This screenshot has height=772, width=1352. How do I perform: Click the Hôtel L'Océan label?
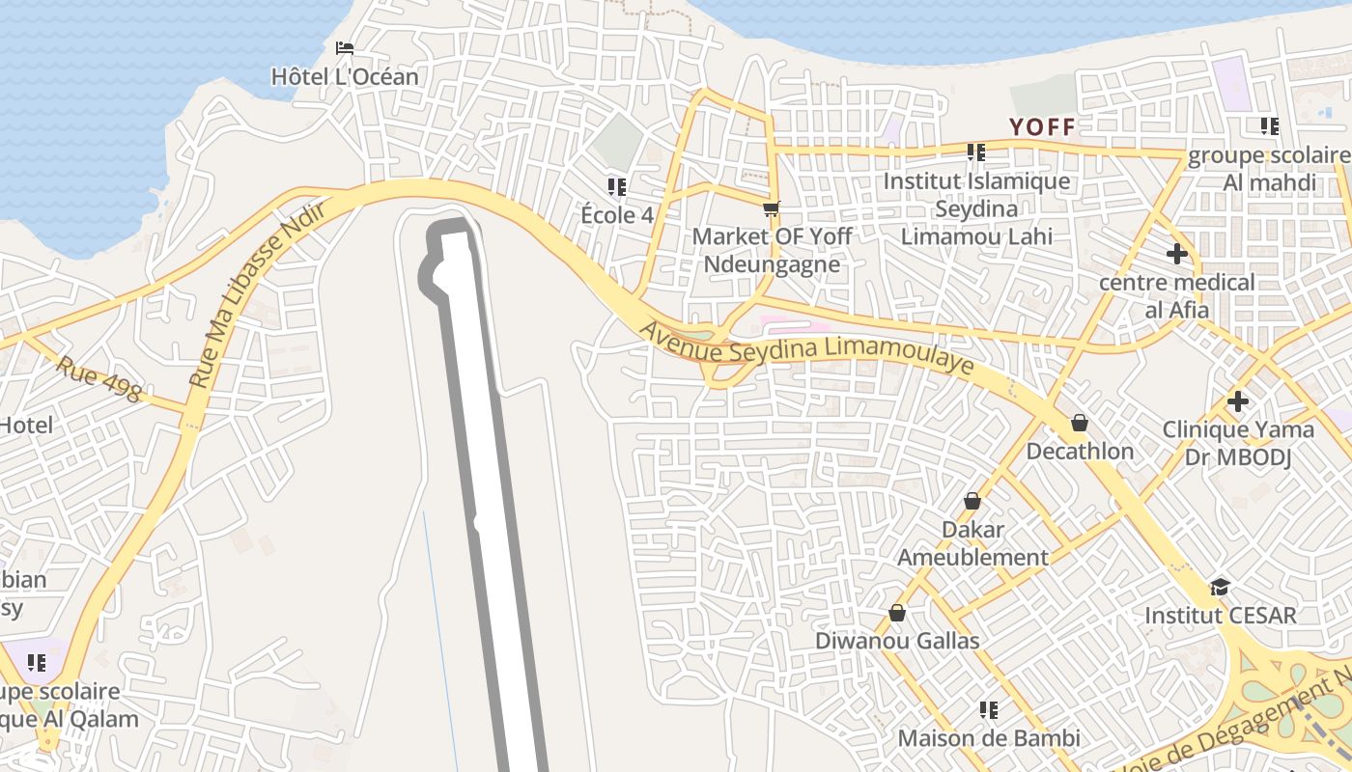pos(345,76)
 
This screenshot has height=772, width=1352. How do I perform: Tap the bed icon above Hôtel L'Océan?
pos(345,48)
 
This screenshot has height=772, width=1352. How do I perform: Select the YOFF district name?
pos(1042,126)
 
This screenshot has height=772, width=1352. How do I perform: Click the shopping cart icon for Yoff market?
pos(771,208)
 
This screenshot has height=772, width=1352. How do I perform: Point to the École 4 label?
pos(617,214)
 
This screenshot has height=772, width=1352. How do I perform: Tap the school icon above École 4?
pos(616,186)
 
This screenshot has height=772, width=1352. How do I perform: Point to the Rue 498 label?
pos(99,379)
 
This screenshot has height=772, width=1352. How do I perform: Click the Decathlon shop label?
pos(1080,451)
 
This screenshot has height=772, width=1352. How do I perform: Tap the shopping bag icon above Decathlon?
pos(1080,423)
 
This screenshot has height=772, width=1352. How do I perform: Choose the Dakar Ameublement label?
pos(972,543)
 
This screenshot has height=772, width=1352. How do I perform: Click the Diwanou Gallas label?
pos(897,641)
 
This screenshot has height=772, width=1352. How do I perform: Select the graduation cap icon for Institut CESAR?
pos(1221,587)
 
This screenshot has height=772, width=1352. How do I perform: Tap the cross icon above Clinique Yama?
pos(1238,401)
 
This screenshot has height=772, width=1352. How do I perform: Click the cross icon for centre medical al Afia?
pos(1176,254)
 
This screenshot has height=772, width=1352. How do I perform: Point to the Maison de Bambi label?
pos(989,738)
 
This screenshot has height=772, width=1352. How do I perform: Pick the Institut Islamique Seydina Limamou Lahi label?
pos(976,208)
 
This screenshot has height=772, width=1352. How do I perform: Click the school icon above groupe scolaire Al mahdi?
pos(1269,126)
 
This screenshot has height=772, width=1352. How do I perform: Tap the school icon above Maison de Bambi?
pos(988,710)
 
